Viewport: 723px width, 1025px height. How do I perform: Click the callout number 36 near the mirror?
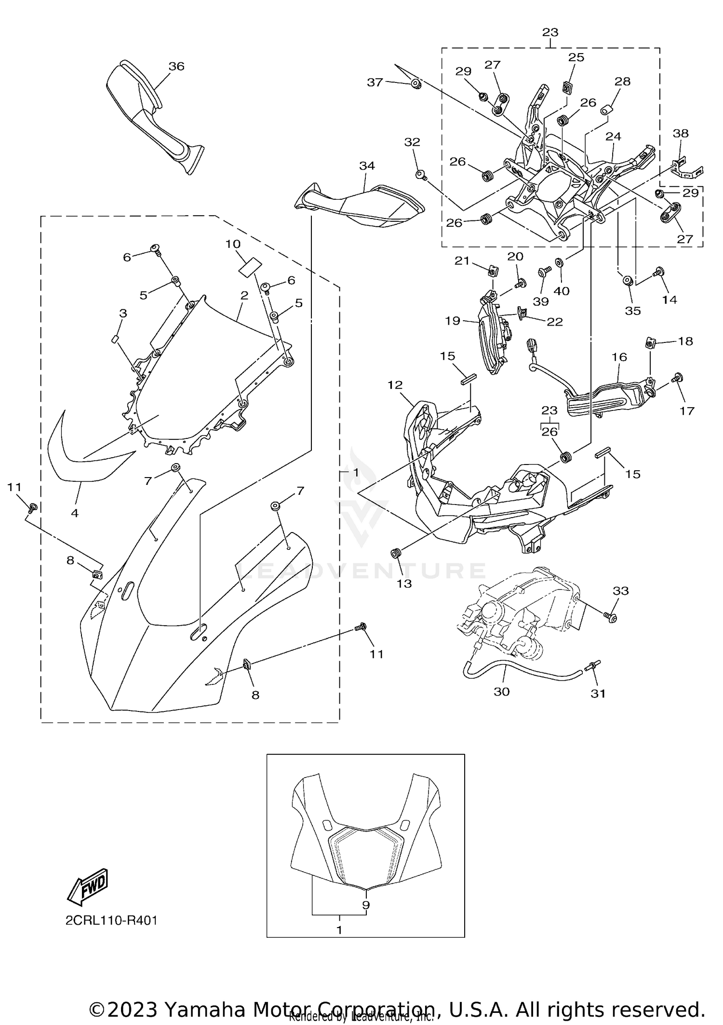click(x=176, y=67)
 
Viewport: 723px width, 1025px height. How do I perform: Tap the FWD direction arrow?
click(x=88, y=887)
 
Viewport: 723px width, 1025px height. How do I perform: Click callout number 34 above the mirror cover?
click(x=367, y=166)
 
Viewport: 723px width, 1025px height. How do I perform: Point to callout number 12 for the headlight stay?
click(x=395, y=385)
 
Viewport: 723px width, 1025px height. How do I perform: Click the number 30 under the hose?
click(x=502, y=692)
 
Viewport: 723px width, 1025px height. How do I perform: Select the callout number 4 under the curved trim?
click(x=75, y=513)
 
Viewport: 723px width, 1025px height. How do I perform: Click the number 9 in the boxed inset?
click(x=366, y=905)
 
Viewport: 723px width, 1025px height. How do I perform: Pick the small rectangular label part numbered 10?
click(x=250, y=266)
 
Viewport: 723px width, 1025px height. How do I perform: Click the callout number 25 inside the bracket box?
click(x=576, y=57)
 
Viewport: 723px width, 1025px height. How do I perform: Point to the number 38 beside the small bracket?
click(x=681, y=133)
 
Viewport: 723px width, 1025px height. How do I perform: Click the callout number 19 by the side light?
click(x=453, y=321)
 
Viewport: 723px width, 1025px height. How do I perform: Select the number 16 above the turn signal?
click(x=619, y=357)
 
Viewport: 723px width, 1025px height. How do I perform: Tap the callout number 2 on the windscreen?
click(x=244, y=295)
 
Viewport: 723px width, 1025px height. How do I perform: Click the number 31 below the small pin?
click(x=598, y=693)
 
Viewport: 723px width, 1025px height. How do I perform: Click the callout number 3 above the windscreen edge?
click(x=123, y=314)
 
